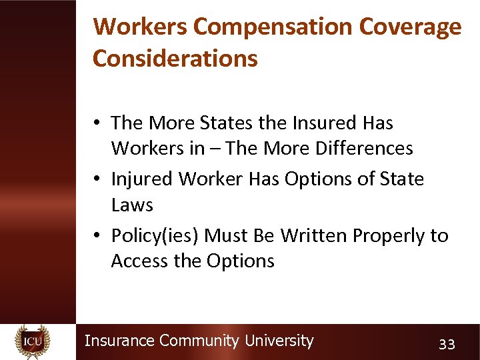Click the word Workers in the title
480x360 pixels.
click(x=141, y=26)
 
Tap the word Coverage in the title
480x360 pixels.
click(x=409, y=26)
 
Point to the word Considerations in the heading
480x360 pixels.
click(x=175, y=58)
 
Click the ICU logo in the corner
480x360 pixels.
click(x=33, y=341)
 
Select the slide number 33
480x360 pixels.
click(x=447, y=344)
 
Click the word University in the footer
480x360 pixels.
click(x=279, y=341)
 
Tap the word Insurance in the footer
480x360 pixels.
click(x=120, y=341)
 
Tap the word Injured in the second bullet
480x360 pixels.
click(x=141, y=179)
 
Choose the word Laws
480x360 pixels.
click(x=132, y=205)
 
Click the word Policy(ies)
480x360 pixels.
click(x=155, y=236)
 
